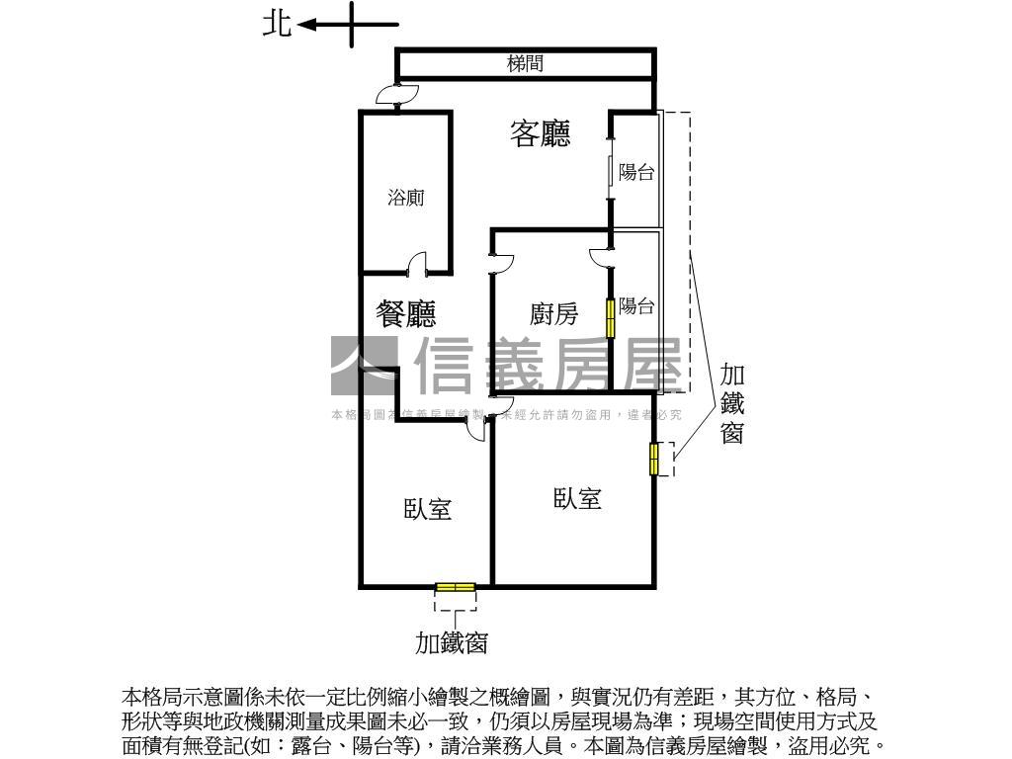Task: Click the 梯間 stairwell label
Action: click(x=525, y=64)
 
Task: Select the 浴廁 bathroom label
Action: click(x=405, y=198)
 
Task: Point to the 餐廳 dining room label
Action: click(x=406, y=314)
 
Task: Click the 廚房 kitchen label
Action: click(x=553, y=314)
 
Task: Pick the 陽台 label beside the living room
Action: click(x=636, y=172)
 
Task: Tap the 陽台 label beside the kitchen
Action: click(x=637, y=306)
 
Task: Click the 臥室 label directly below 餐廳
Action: click(x=427, y=509)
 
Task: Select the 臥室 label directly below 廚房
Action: click(x=577, y=498)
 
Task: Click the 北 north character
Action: click(x=277, y=24)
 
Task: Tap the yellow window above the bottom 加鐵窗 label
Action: click(x=455, y=588)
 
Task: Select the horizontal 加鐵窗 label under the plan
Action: click(x=451, y=643)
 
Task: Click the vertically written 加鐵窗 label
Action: click(x=731, y=403)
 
